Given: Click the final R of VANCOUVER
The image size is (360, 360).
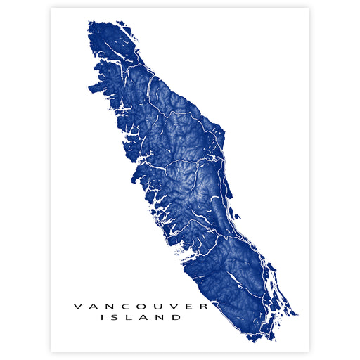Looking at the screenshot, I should (x=205, y=306).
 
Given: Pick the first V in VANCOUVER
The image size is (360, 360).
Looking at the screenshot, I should (x=78, y=306).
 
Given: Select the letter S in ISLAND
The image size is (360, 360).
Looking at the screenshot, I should (x=116, y=317).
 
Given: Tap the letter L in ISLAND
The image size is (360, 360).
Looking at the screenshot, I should (x=131, y=317).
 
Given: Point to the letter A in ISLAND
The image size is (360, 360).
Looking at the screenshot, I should (x=145, y=317).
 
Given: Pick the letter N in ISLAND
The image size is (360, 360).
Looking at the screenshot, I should (x=162, y=317).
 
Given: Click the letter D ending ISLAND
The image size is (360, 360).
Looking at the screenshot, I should (x=178, y=317).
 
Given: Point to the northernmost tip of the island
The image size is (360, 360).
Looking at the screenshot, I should (x=91, y=22).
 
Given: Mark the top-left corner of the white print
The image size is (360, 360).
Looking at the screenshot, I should (x=51, y=8).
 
